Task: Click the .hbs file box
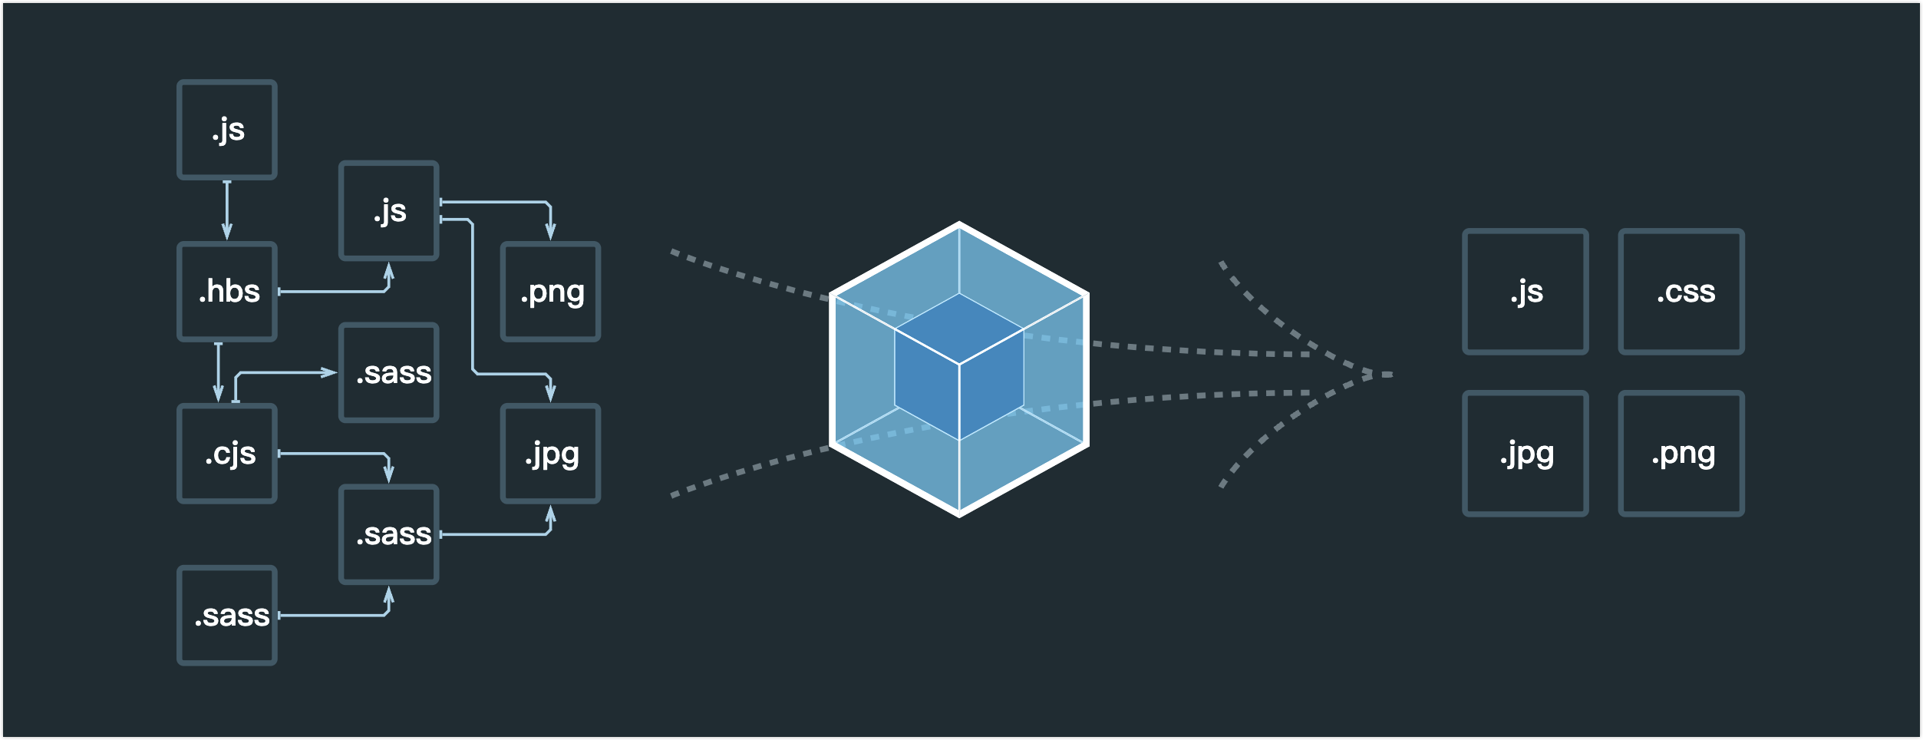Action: [x=227, y=292]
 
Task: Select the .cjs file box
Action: [x=227, y=454]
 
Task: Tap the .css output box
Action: [x=1681, y=292]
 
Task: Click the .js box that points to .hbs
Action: [x=227, y=130]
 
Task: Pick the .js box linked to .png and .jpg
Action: [x=389, y=211]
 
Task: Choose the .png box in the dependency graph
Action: [x=550, y=292]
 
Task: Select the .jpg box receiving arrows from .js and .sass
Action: [x=550, y=454]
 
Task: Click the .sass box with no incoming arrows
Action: [x=227, y=616]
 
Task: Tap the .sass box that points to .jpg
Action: [x=389, y=534]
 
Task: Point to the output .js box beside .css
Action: [x=1526, y=292]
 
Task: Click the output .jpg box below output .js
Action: [x=1526, y=454]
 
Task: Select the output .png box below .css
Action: [x=1681, y=454]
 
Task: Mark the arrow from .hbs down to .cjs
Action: [x=219, y=372]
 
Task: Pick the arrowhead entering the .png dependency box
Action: [x=550, y=231]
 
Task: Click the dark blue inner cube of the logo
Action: [x=959, y=367]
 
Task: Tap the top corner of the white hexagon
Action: [x=959, y=224]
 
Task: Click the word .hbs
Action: [x=229, y=292]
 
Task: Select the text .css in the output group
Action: [x=1685, y=292]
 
